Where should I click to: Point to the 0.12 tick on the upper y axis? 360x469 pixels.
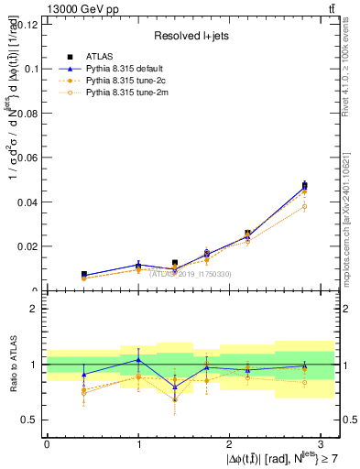(27, 24)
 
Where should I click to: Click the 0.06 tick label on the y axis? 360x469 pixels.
(27, 158)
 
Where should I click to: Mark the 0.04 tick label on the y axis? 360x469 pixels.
(27, 202)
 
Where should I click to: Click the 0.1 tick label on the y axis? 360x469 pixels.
(30, 69)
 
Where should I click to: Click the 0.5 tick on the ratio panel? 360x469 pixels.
(30, 420)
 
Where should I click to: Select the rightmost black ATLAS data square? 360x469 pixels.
(304, 185)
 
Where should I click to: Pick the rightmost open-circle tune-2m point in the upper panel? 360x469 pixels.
(304, 206)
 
